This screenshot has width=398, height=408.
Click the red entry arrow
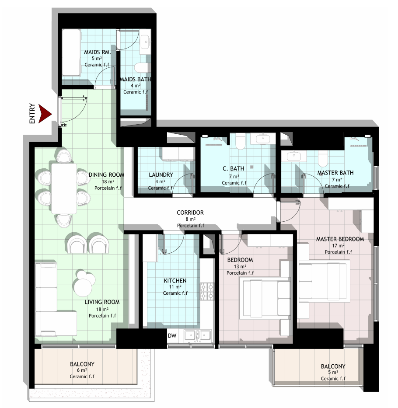tap(44, 113)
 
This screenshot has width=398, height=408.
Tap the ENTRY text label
tap(32, 113)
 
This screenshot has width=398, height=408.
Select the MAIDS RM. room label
tap(97, 52)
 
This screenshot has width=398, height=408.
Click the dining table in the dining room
tap(64, 188)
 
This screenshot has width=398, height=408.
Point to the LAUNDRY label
tap(161, 174)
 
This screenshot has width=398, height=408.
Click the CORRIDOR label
tap(190, 213)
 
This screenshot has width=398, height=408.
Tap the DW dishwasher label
tap(172, 336)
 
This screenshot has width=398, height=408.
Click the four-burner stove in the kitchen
tap(207, 291)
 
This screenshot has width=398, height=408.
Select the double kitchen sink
tap(198, 335)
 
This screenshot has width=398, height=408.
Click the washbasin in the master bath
tap(294, 157)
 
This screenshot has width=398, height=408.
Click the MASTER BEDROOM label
tap(340, 239)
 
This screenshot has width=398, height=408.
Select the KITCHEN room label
tap(175, 281)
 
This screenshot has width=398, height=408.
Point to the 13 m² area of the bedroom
tap(240, 266)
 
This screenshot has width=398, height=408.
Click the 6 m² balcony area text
tap(82, 370)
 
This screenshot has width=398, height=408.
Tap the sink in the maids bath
tap(146, 42)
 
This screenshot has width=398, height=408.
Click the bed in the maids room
tap(71, 52)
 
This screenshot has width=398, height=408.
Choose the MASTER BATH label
tap(335, 173)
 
